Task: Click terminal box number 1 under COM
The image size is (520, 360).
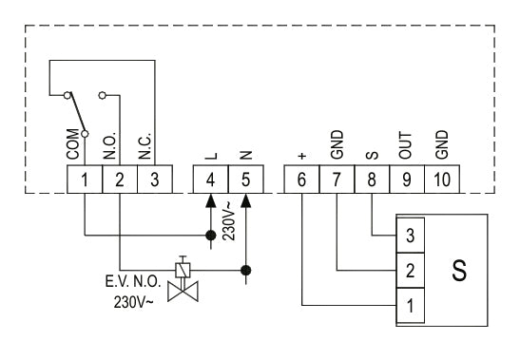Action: [x=85, y=179]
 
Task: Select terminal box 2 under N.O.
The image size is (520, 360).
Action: [x=120, y=179]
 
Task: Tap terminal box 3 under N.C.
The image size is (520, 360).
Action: [x=153, y=179]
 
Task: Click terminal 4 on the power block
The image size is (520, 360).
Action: [x=211, y=179]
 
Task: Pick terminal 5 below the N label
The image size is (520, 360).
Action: [x=245, y=179]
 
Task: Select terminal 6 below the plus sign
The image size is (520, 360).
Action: [x=302, y=179]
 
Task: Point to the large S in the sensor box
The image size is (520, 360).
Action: [x=459, y=270]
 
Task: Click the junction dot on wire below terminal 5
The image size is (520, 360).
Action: [x=245, y=269]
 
